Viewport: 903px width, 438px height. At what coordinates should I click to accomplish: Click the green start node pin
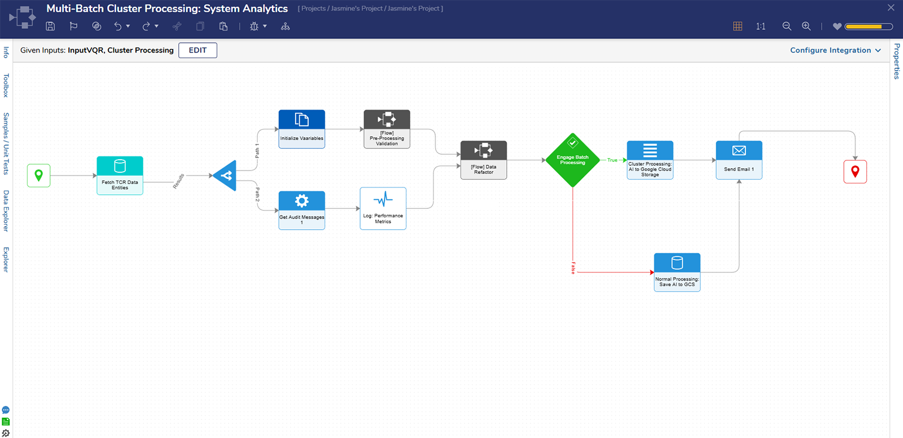38,176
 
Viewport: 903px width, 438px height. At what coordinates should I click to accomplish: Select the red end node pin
855,172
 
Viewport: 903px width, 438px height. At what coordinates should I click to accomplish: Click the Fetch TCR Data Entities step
120,176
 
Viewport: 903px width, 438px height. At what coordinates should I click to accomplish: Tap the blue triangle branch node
226,176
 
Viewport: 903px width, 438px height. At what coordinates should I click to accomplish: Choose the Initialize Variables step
302,129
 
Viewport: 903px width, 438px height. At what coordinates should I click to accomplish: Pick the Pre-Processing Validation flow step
387,129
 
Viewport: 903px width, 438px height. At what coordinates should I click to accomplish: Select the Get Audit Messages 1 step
302,210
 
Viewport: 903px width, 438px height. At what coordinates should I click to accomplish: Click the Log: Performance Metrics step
383,208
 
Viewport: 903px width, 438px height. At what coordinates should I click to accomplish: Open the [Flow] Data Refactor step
484,160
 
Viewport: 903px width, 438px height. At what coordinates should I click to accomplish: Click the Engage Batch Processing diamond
572,160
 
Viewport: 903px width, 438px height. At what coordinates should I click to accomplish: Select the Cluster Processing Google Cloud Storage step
650,160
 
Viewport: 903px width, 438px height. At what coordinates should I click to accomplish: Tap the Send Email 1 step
739,160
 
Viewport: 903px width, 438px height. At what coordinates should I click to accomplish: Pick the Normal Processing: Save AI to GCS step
677,272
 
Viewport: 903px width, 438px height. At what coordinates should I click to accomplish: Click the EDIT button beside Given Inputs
198,50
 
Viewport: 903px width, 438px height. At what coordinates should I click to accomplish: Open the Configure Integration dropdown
835,50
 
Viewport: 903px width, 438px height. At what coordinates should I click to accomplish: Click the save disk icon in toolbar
50,26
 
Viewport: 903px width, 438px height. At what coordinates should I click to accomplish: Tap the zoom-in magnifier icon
806,26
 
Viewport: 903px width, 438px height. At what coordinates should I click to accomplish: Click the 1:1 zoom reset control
761,26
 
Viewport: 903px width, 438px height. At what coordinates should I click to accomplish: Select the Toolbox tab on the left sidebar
6,85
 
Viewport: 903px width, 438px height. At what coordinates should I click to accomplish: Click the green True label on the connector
612,160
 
